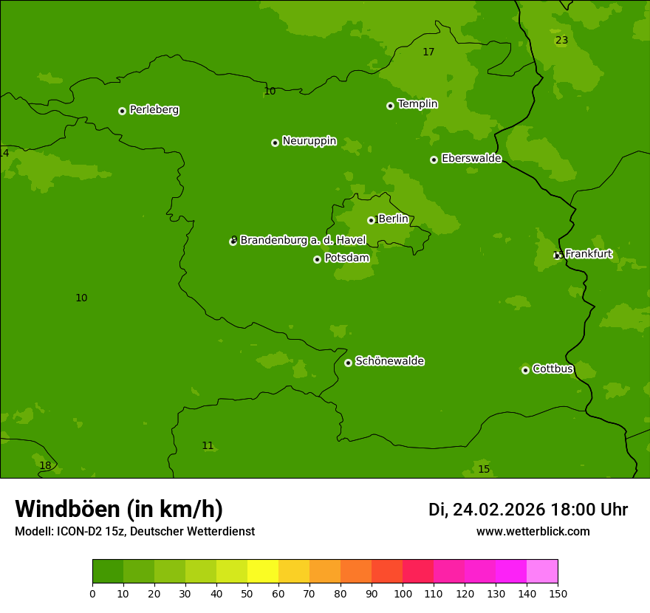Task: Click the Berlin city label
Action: [x=393, y=219]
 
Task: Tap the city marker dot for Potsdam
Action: [x=317, y=259]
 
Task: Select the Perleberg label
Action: [x=154, y=110]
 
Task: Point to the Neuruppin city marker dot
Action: [x=275, y=143]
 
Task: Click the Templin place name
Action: [x=417, y=104]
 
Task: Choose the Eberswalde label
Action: [x=471, y=158]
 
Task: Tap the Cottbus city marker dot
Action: [x=525, y=370]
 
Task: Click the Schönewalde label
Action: [x=389, y=361]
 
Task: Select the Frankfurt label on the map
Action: [x=588, y=254]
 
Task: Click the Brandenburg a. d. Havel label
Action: [x=303, y=240]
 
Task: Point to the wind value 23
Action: [x=561, y=41]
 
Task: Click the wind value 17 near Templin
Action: [x=428, y=52]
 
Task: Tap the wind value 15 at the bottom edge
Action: [x=484, y=469]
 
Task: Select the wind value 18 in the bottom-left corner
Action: [x=45, y=465]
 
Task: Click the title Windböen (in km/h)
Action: [x=119, y=509]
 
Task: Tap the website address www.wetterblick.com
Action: [x=533, y=532]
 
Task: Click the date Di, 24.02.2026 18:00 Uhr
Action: [x=527, y=510]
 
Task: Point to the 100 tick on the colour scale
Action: [x=403, y=593]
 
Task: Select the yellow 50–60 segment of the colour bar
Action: [x=263, y=572]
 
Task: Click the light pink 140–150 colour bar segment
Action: [x=542, y=572]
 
